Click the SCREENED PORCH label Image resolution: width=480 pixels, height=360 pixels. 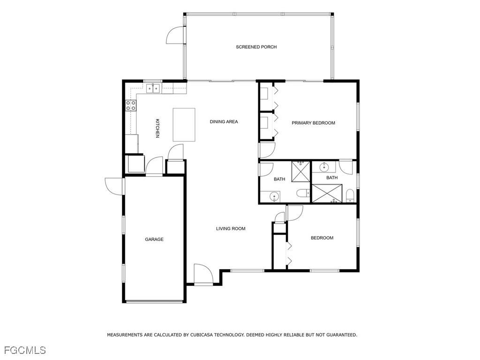point(256,47)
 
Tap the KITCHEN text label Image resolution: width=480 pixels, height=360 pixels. point(157,128)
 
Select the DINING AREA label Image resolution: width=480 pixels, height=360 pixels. point(224,122)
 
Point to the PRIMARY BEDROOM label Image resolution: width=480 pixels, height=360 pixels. point(313,123)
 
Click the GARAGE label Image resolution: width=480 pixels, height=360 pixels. point(154,240)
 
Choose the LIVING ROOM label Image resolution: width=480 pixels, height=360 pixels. point(231,229)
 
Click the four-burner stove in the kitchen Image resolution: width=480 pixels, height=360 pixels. point(130,106)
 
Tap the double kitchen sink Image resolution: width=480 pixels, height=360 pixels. point(153,88)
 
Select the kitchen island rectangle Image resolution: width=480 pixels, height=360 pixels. point(184,125)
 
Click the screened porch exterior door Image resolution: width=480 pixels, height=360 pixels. point(174,35)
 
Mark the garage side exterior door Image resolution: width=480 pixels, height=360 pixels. point(114,186)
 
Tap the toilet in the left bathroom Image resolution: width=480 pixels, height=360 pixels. point(303,193)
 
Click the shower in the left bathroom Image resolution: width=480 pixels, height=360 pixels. point(300,171)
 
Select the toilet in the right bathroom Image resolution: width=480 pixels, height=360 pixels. point(349,196)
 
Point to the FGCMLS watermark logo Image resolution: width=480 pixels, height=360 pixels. point(25,350)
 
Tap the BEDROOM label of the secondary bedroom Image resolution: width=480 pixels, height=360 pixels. point(322,238)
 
